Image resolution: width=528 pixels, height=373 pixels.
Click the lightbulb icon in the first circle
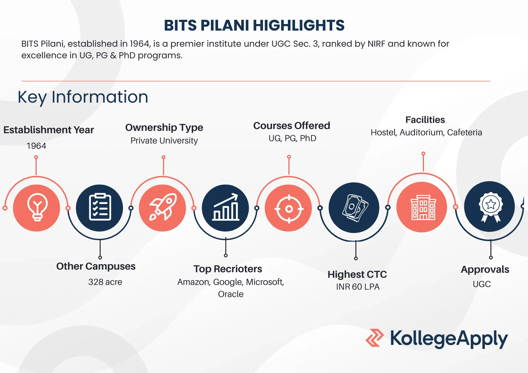[x=37, y=207]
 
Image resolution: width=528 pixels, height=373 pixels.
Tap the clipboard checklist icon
[x=100, y=207]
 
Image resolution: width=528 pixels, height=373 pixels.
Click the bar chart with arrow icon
[x=226, y=207]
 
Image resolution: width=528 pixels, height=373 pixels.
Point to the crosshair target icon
[x=289, y=209]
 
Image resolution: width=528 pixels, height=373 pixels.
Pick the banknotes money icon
[x=354, y=208]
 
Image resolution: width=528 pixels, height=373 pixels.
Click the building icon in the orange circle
[x=423, y=207]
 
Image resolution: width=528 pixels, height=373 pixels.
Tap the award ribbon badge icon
[x=490, y=207]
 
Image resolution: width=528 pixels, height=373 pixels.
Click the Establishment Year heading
[x=49, y=130]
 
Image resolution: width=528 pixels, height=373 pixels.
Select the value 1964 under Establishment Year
[x=36, y=146]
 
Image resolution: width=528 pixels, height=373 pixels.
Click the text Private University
[x=164, y=141]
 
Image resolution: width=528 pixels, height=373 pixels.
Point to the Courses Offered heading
[x=291, y=126]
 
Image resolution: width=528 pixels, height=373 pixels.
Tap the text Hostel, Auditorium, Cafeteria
[x=426, y=132]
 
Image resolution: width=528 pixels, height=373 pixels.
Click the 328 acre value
[x=105, y=282]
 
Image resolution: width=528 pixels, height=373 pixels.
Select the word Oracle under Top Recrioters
[x=230, y=294]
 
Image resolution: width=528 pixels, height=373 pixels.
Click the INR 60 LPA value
[x=357, y=287]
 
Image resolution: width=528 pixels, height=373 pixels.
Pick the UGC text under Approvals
[x=482, y=284]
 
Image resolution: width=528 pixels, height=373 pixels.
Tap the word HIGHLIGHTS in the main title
[x=298, y=26]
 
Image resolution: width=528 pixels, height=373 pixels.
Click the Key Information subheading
[x=83, y=97]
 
